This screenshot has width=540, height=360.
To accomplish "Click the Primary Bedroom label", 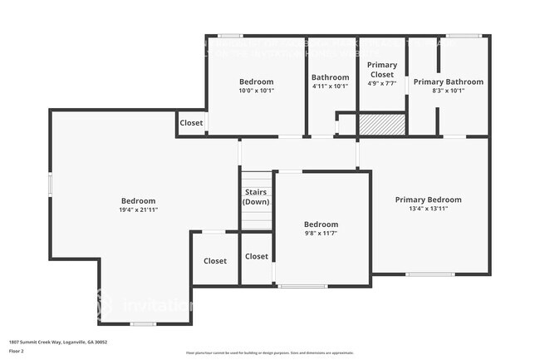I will [428, 200].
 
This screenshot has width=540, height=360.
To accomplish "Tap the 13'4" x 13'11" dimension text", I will [428, 209].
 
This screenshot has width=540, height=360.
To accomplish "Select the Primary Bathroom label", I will [448, 81].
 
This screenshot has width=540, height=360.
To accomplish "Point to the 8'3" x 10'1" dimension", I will [448, 91].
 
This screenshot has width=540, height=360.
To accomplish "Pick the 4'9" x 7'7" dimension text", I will [382, 83].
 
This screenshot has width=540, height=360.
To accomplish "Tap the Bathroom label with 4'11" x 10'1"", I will [330, 77].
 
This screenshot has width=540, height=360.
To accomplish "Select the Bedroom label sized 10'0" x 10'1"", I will [256, 81].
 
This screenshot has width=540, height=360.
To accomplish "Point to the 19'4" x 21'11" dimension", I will [139, 210].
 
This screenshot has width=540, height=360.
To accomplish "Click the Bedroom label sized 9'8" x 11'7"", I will [321, 224].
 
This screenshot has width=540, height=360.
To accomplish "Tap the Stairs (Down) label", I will [256, 196].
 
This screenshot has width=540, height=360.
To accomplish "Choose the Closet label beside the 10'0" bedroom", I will [191, 123].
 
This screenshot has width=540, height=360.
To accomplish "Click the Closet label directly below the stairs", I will [257, 257].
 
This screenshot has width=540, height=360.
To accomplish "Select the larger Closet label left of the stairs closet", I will [215, 261].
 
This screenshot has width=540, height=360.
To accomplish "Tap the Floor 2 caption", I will [17, 352].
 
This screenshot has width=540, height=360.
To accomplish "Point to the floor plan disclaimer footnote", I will [269, 353].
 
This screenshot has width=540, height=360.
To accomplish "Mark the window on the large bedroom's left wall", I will [50, 185].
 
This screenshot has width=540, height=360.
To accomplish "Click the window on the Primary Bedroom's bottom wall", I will [430, 274].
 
